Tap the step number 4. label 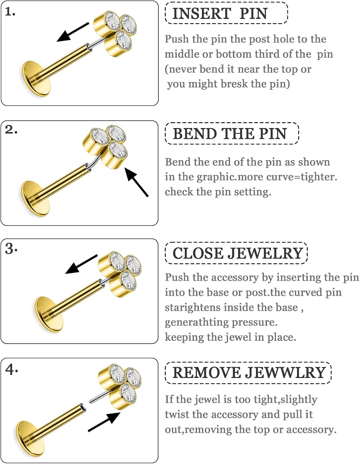click(x=11, y=369)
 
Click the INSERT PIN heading click(x=220, y=14)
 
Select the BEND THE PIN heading click(x=230, y=134)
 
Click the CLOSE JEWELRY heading click(x=237, y=253)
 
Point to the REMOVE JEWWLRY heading click(x=249, y=372)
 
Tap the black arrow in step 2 click(x=136, y=182)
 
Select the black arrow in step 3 click(x=81, y=264)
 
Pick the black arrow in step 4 click(x=105, y=422)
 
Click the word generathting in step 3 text click(x=196, y=322)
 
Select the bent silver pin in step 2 click(x=94, y=163)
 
